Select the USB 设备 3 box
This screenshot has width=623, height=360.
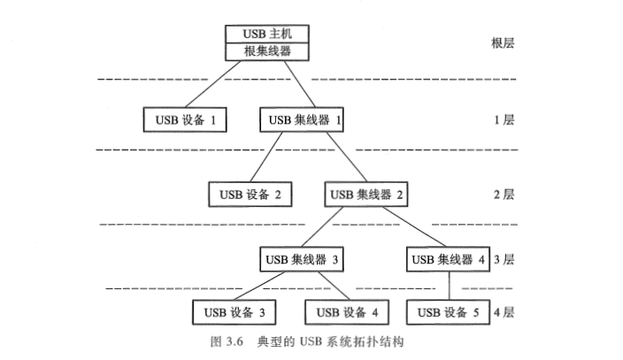233,312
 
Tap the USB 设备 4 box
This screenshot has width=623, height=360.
346,312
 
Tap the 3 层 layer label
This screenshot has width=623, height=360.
506,260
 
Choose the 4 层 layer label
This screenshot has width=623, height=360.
506,312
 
